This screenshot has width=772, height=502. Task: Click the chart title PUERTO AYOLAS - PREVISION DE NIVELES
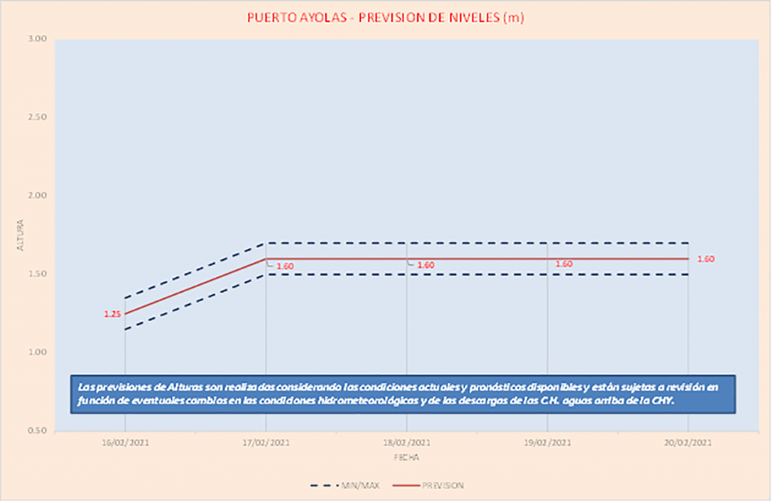click(x=385, y=17)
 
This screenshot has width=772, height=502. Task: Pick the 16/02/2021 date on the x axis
click(x=124, y=445)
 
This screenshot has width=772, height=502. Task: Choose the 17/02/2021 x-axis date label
click(x=265, y=445)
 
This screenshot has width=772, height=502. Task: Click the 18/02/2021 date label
click(x=406, y=445)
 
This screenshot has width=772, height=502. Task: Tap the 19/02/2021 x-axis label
click(x=547, y=445)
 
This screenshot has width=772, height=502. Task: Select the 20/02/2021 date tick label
click(x=688, y=445)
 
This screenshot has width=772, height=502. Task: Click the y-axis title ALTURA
click(x=20, y=235)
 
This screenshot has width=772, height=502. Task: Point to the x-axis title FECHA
click(x=406, y=458)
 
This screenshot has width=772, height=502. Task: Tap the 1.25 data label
click(x=112, y=314)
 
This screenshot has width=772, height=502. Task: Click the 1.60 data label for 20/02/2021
click(x=706, y=259)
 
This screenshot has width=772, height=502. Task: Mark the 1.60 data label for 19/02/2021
click(x=564, y=265)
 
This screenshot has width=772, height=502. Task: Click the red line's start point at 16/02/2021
click(x=125, y=314)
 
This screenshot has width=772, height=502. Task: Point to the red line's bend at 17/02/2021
click(x=265, y=259)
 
